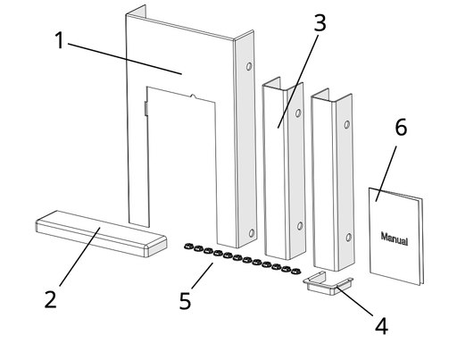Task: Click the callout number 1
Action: pyautogui.click(x=60, y=40)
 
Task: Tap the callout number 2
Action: pyautogui.click(x=51, y=299)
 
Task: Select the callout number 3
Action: pyautogui.click(x=320, y=22)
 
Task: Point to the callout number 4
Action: pyautogui.click(x=381, y=326)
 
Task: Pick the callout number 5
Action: pyautogui.click(x=185, y=301)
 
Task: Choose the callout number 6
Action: pyautogui.click(x=401, y=127)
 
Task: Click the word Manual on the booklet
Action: pyautogui.click(x=395, y=239)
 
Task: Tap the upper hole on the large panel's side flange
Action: pyautogui.click(x=249, y=66)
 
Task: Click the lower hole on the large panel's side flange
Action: pyautogui.click(x=252, y=233)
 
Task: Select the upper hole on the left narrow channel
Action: pyautogui.click(x=298, y=113)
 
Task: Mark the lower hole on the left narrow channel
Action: pyautogui.click(x=300, y=226)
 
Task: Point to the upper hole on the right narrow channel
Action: pyautogui.click(x=346, y=124)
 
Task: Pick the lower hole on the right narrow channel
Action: pyautogui.click(x=348, y=238)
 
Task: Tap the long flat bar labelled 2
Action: pyautogui.click(x=101, y=234)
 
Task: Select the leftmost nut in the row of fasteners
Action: pyautogui.click(x=188, y=246)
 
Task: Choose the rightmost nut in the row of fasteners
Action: pyautogui.click(x=295, y=272)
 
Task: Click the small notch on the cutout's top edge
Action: pyautogui.click(x=193, y=96)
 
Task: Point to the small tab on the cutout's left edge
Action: pyautogui.click(x=146, y=108)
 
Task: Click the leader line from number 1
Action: pyautogui.click(x=125, y=59)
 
